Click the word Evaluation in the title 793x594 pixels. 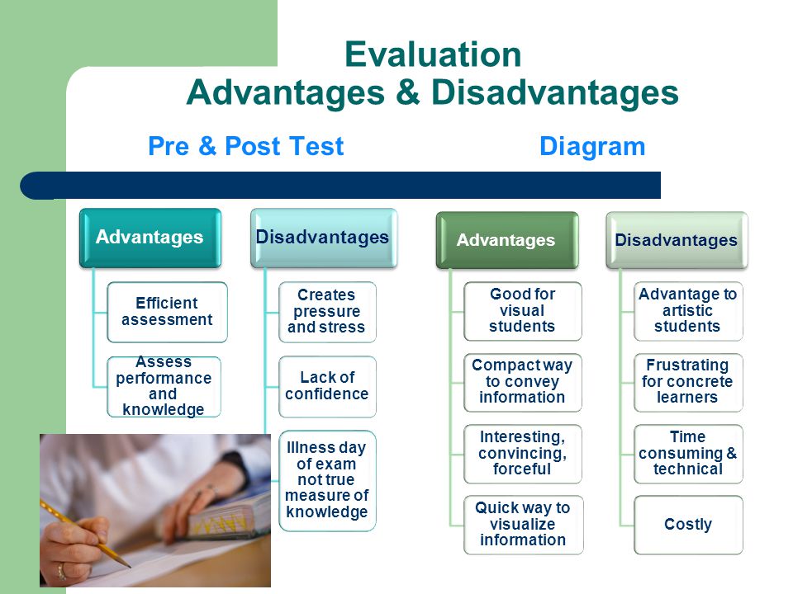click(433, 54)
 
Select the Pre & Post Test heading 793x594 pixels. click(246, 147)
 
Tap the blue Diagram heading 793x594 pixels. click(592, 147)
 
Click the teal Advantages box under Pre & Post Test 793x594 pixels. click(150, 238)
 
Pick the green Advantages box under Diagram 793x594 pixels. click(506, 240)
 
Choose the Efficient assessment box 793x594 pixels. click(167, 312)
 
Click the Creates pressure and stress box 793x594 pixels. click(327, 312)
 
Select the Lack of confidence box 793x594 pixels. click(327, 386)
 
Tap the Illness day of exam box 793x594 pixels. click(327, 480)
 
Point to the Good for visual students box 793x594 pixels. click(522, 311)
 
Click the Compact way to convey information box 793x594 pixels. click(522, 382)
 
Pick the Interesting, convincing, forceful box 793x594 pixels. click(522, 454)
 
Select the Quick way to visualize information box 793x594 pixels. click(523, 525)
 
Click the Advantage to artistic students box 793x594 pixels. click(688, 311)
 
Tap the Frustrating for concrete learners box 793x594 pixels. click(688, 382)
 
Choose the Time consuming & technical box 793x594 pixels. click(688, 454)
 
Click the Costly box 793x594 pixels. click(688, 525)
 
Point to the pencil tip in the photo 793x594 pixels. click(129, 566)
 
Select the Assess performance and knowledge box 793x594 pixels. click(164, 386)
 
